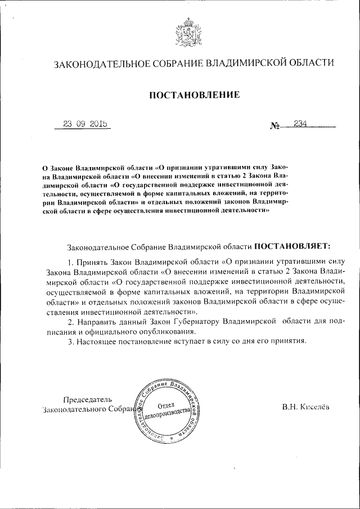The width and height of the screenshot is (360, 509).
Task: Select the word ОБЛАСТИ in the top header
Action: pos(308,63)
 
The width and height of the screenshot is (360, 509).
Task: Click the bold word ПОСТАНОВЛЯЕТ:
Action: pos(293,246)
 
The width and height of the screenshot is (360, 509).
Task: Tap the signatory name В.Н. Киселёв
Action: pos(307,406)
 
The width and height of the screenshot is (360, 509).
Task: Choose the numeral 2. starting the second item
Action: pos(70,321)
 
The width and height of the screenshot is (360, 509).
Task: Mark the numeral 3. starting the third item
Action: pos(70,341)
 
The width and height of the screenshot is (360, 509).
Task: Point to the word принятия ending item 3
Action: pos(289,341)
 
